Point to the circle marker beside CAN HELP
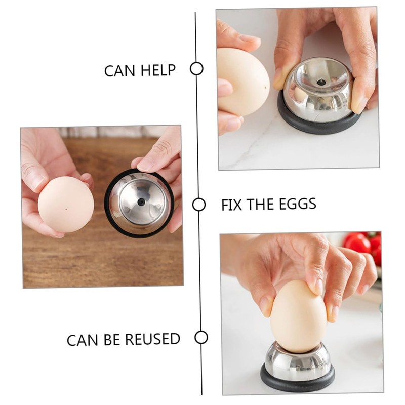(196, 68)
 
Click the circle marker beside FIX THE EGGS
(199, 205)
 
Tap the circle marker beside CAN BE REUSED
(201, 337)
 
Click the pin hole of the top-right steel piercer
(321, 82)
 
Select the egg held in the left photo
(66, 204)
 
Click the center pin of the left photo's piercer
(141, 201)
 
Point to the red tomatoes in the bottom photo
(362, 244)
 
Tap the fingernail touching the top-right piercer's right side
(360, 104)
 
